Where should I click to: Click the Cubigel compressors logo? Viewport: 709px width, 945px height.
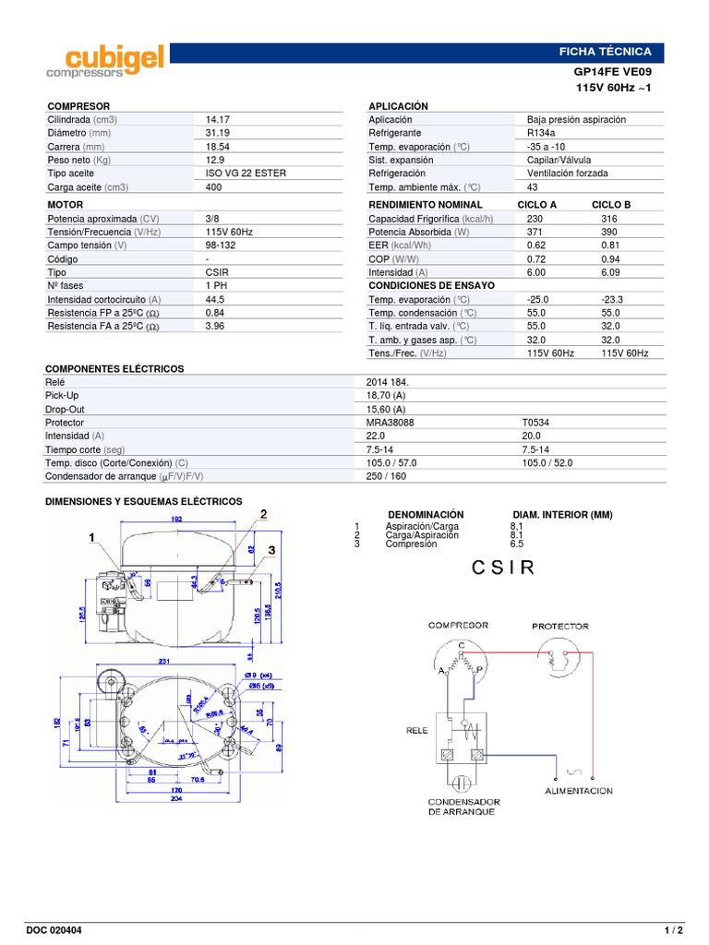[x=105, y=60]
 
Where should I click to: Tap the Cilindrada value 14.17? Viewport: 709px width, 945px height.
[x=218, y=120]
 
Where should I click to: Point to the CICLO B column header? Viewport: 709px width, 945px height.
[x=611, y=205]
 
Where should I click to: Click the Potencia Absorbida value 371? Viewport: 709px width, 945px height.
[x=535, y=233]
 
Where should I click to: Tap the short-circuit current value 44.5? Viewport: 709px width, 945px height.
[x=216, y=300]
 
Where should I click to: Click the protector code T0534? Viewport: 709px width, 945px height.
[x=536, y=423]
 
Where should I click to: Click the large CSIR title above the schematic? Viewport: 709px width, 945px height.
[x=502, y=568]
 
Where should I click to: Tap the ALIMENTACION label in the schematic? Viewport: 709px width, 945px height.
[x=578, y=791]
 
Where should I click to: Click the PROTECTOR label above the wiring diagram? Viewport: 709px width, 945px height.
[x=559, y=627]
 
